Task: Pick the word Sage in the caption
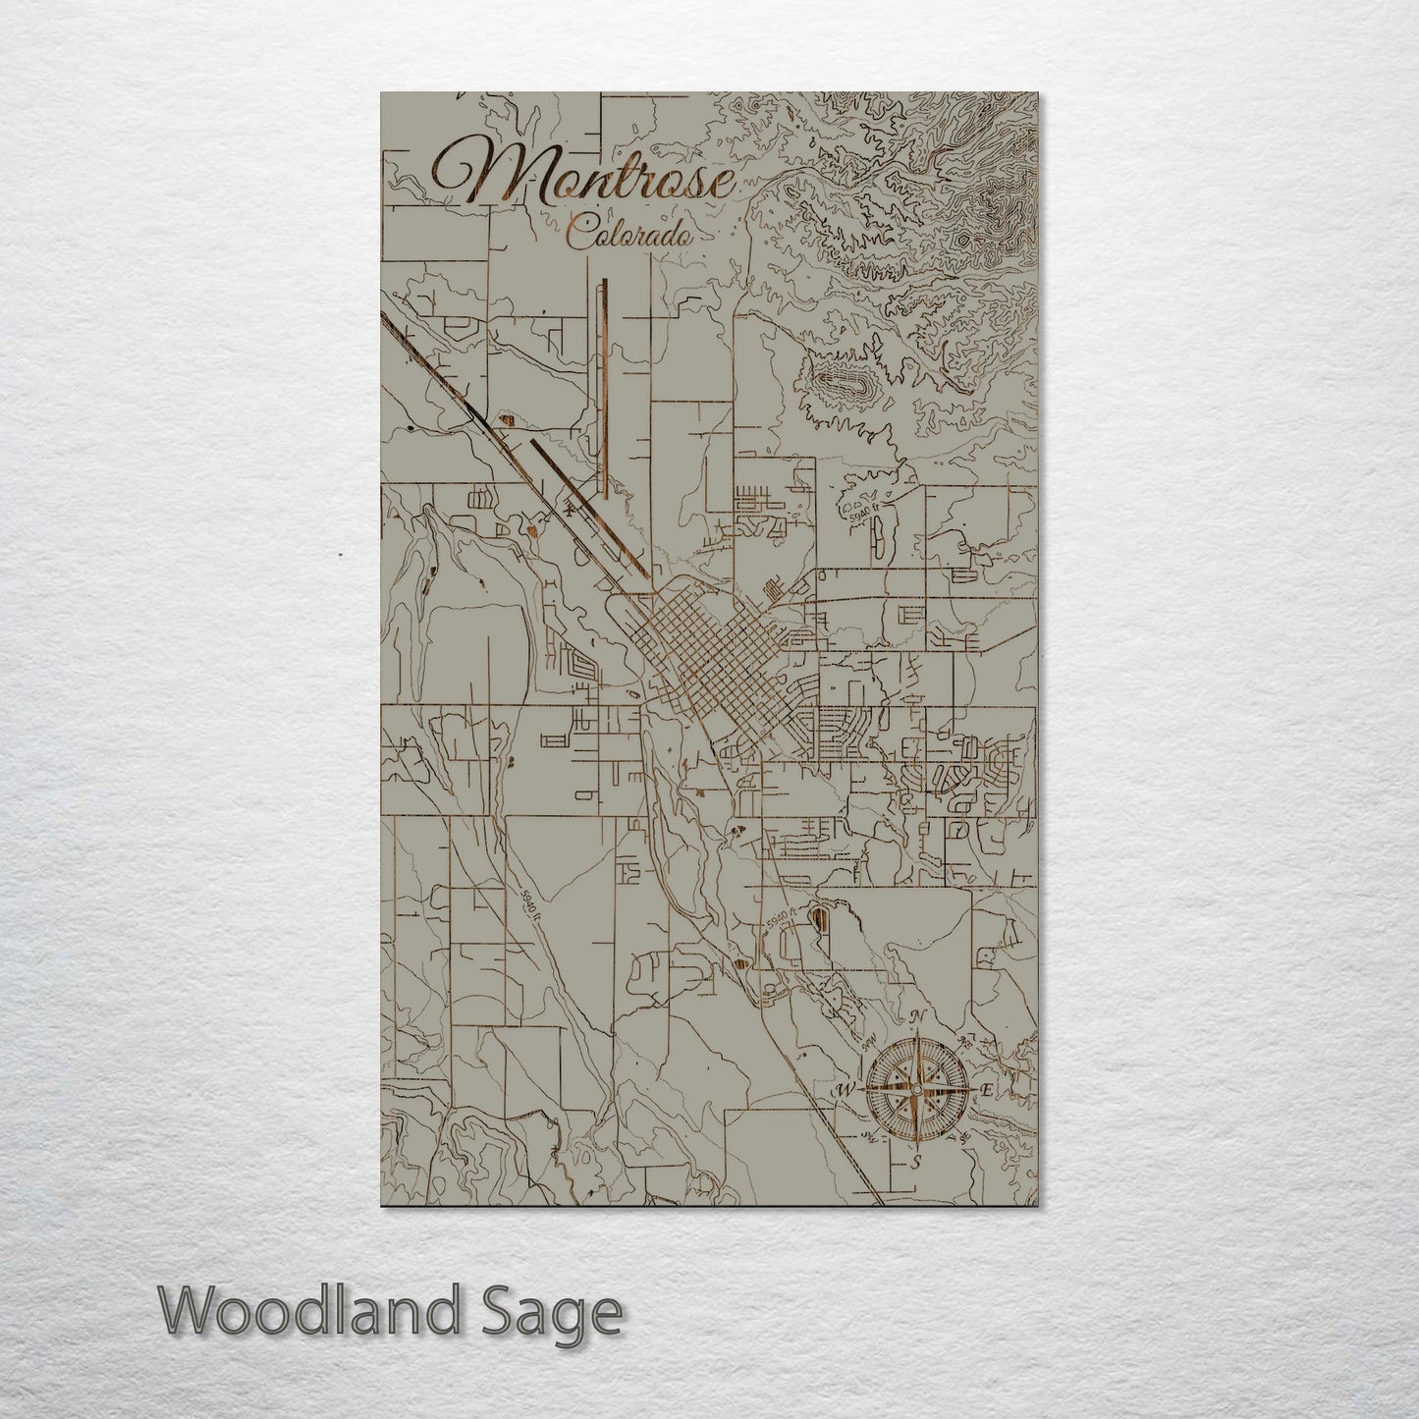564,1313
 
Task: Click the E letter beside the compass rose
987,1090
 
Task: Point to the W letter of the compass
843,1090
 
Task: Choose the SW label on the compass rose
867,1137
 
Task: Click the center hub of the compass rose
915,1090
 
